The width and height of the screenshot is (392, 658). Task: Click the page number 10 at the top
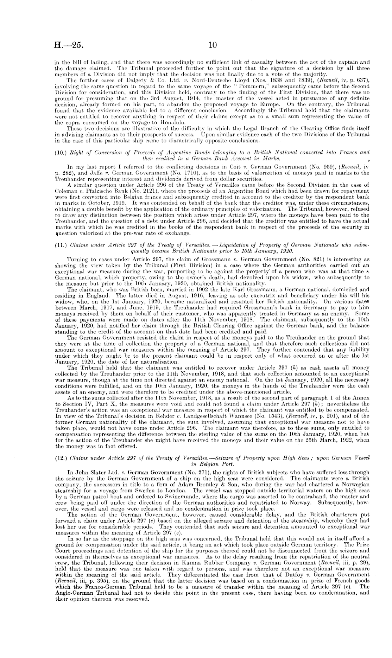point(213,45)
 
